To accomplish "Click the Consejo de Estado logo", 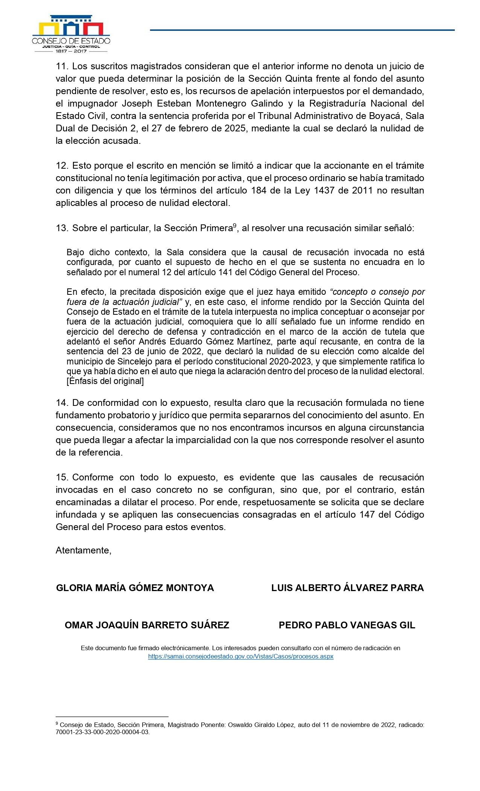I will [x=71, y=32].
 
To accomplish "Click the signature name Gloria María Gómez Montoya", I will [x=135, y=588].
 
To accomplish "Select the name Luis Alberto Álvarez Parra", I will [x=347, y=588].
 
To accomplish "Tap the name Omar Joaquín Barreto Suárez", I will [x=147, y=625].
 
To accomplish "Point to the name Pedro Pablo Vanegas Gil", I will [x=347, y=625].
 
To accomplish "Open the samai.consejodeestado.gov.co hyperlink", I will [x=241, y=656].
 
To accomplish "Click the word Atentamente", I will [x=83, y=550].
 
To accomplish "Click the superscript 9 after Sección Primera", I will [x=234, y=226].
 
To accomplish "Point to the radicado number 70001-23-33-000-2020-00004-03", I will [x=102, y=733].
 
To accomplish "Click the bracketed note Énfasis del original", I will [x=105, y=381].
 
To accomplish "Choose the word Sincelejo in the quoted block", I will [x=118, y=361].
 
